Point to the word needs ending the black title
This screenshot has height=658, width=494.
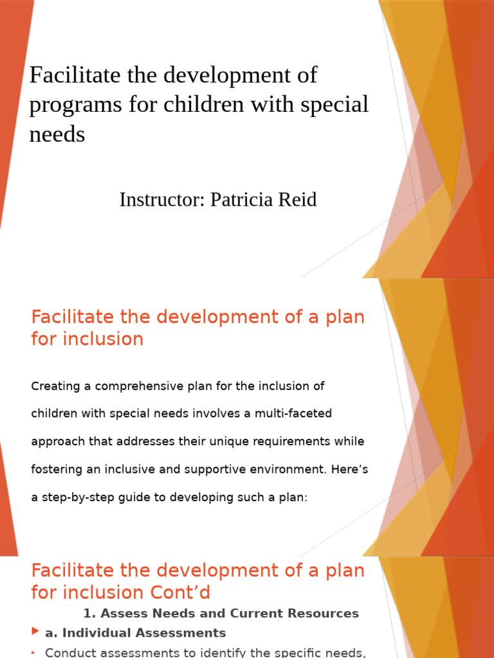57,134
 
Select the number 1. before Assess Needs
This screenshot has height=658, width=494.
89,613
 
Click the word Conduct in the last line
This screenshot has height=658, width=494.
71,653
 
